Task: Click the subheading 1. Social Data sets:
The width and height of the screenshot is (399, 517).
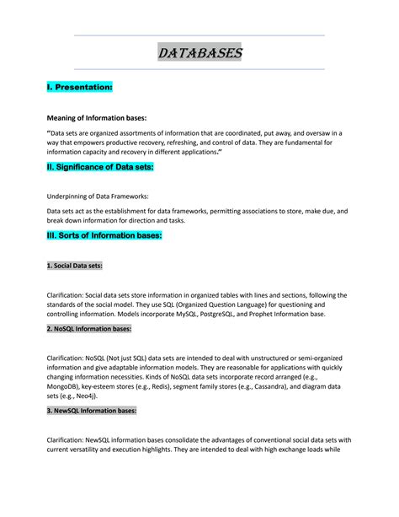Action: (x=74, y=265)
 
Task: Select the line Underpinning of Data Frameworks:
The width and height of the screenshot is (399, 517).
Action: (x=97, y=195)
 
